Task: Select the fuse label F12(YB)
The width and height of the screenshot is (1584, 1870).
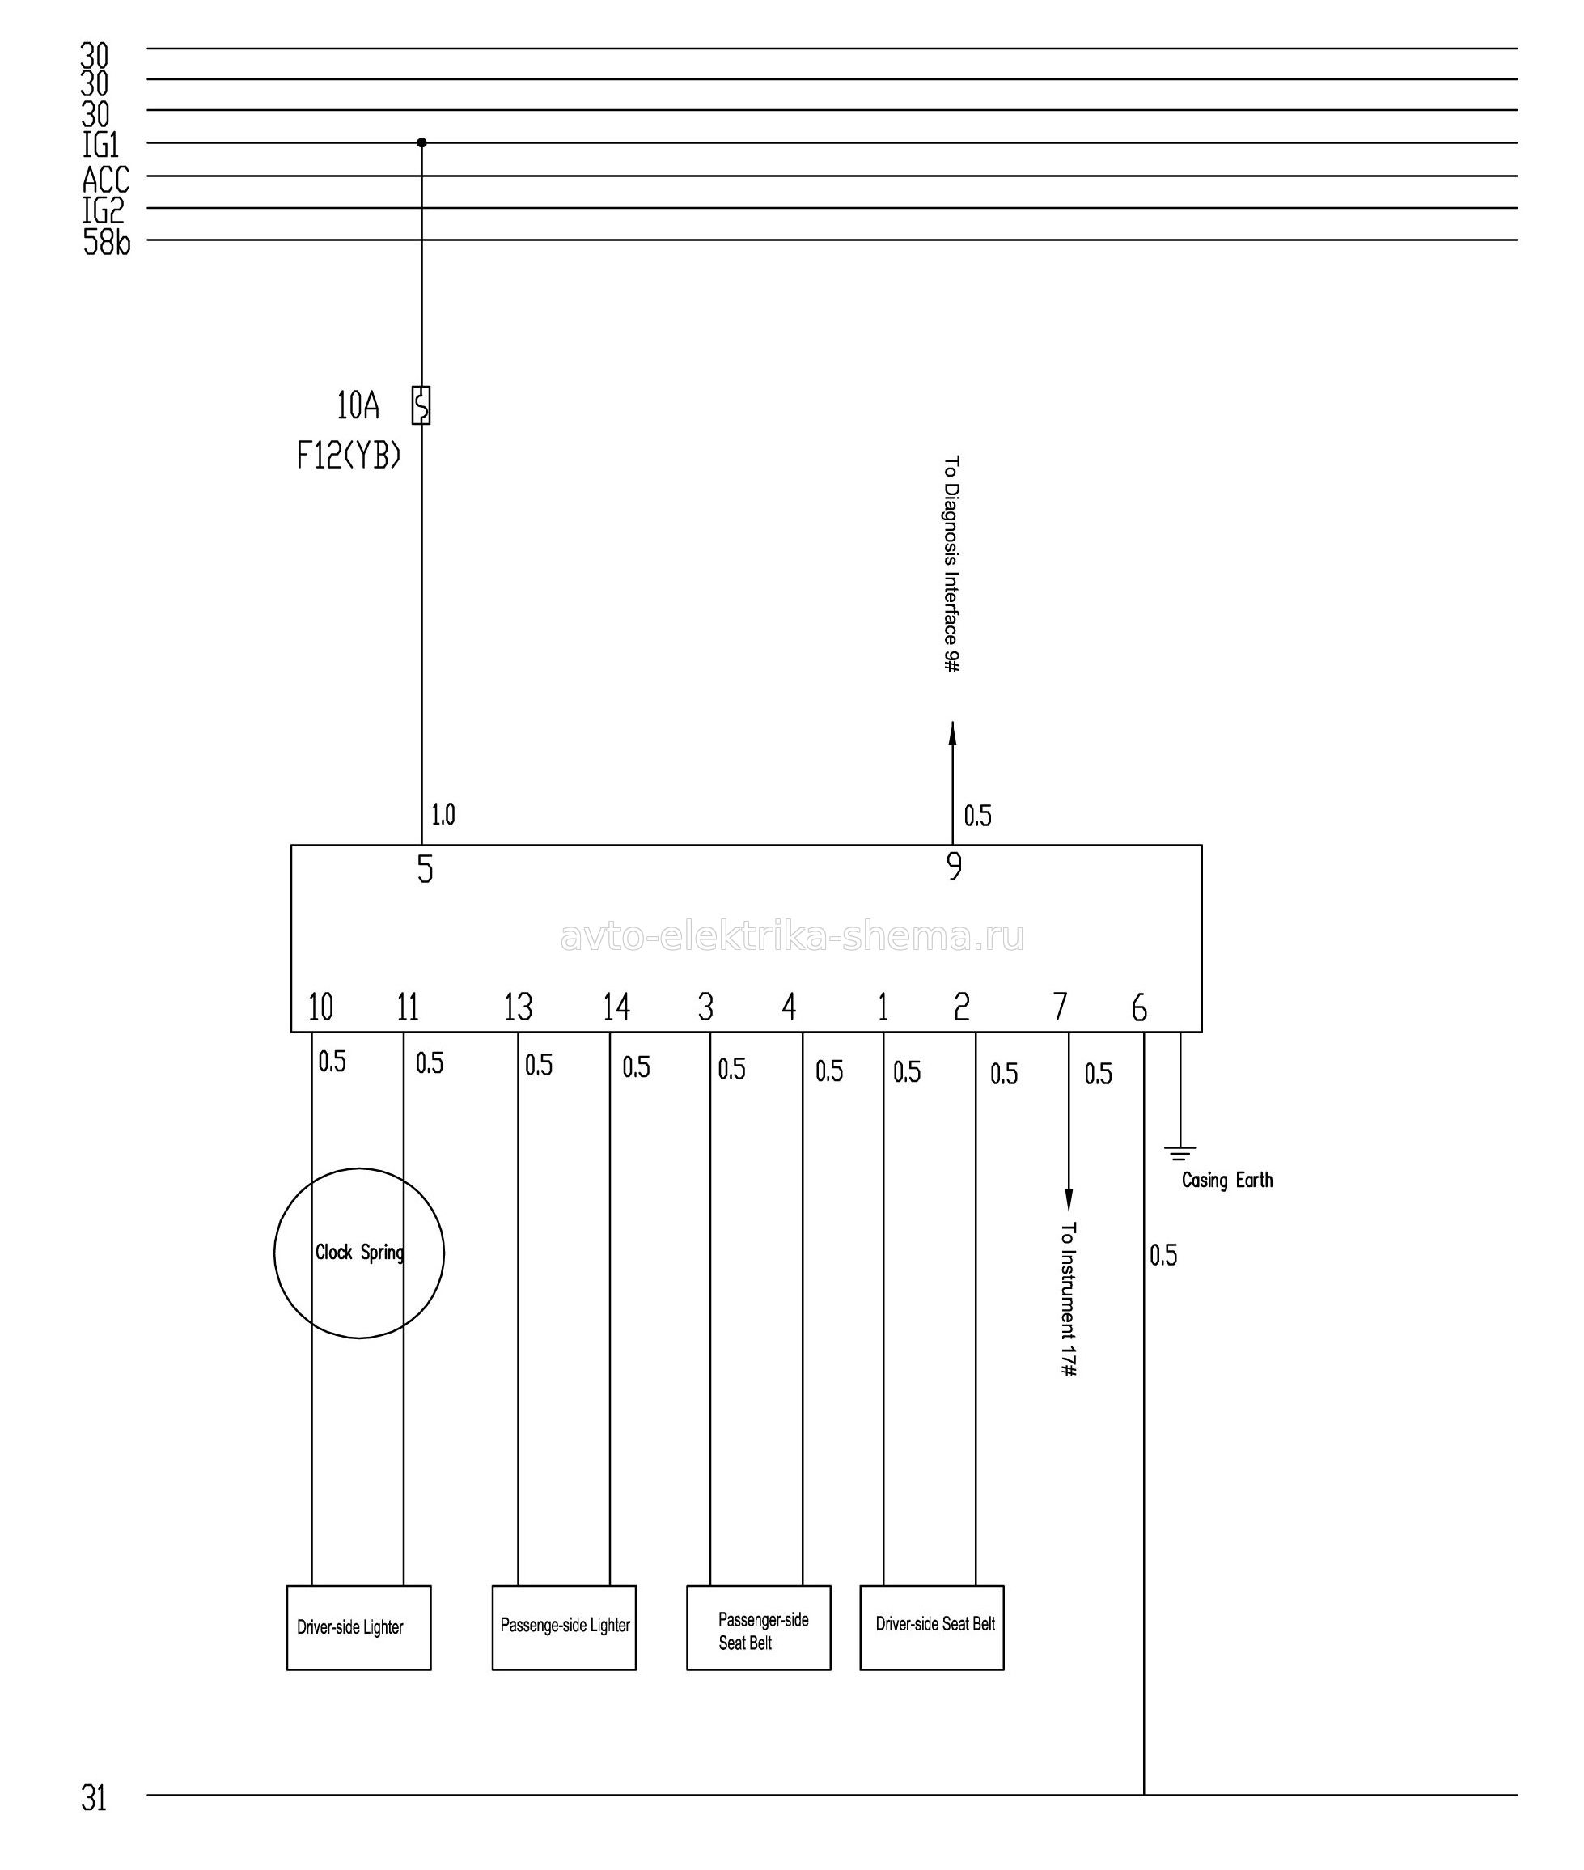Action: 349,457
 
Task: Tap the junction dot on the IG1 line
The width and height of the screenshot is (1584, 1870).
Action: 422,142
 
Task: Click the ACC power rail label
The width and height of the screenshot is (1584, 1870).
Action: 106,180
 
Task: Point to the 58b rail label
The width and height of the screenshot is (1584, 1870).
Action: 107,243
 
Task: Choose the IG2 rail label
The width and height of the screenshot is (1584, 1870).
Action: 104,211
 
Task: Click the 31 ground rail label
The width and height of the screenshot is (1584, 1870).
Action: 95,1799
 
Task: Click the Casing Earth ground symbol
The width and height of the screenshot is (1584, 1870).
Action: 1180,1153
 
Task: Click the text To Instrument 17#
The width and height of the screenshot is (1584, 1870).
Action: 1068,1299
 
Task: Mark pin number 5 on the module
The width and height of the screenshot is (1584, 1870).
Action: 426,868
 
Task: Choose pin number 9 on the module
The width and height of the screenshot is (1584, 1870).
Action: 955,866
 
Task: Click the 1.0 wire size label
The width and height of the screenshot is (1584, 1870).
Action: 443,815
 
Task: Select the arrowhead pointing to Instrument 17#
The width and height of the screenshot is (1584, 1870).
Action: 1069,1200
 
